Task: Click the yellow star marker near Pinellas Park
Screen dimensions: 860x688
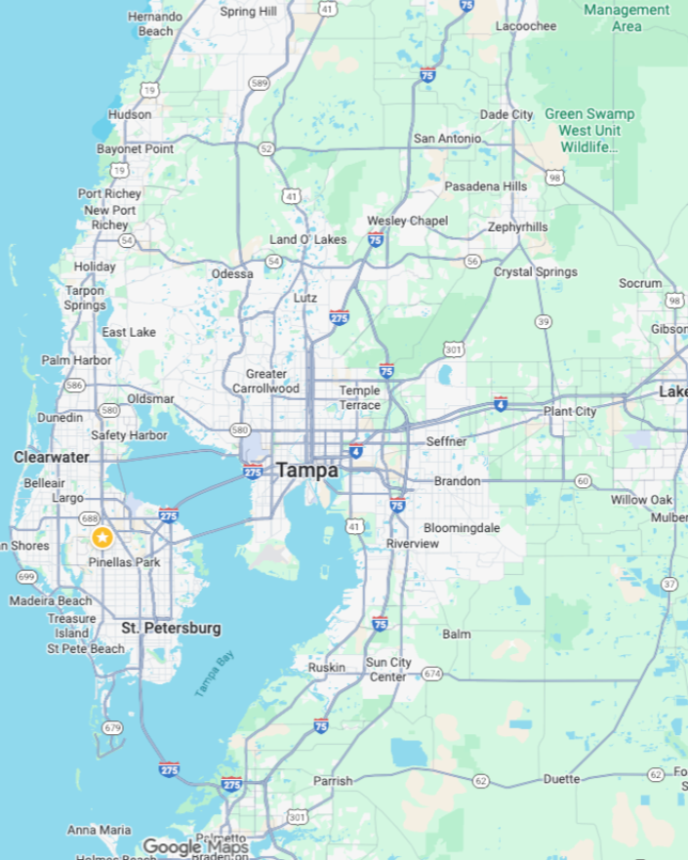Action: click(101, 537)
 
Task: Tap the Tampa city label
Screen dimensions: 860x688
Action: click(306, 471)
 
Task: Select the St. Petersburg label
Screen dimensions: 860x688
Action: click(172, 628)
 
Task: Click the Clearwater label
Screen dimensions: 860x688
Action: click(51, 457)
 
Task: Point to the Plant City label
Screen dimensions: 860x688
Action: click(570, 411)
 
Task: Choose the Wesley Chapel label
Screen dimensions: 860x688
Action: click(407, 221)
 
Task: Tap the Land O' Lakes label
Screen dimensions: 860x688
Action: click(307, 240)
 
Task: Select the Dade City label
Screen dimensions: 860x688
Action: click(506, 114)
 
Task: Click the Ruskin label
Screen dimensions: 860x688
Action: click(327, 668)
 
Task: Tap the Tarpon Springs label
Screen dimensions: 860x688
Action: click(85, 298)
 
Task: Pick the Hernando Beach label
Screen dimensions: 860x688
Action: click(155, 23)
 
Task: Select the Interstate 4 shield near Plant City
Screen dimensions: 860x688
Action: click(501, 402)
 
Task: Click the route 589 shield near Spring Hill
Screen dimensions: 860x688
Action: click(259, 84)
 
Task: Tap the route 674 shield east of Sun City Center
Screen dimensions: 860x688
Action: click(432, 674)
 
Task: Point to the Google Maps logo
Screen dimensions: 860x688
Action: click(194, 846)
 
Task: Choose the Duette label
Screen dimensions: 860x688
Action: click(560, 779)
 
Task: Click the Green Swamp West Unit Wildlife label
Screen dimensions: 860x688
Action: click(589, 130)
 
